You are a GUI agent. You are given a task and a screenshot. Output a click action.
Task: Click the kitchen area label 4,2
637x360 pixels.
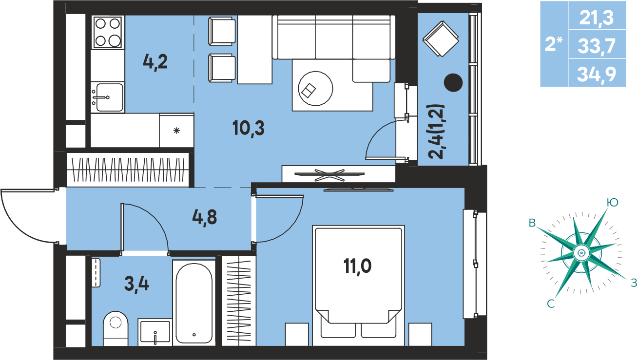[x=155, y=62]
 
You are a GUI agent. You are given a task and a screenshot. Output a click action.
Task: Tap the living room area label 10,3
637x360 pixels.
[x=248, y=129]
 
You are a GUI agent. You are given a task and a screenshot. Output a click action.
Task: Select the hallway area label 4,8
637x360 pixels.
[x=205, y=218]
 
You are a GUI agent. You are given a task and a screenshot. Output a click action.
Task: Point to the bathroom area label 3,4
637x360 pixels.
[x=136, y=284]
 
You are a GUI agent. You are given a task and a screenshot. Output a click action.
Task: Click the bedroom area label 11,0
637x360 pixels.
[x=357, y=266]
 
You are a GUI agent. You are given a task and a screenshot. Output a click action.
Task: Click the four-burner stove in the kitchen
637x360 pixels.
[x=108, y=32]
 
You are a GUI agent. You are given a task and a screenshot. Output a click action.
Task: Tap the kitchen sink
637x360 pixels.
[x=108, y=97]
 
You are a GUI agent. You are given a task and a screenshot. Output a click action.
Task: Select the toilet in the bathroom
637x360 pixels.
[x=115, y=328]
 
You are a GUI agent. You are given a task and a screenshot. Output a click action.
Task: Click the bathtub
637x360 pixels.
[x=194, y=303]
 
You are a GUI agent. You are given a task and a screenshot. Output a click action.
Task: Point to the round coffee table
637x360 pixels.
[x=315, y=88]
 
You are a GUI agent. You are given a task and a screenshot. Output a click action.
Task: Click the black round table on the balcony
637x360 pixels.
[x=453, y=82]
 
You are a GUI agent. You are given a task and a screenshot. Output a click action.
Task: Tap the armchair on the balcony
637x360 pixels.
[x=441, y=38]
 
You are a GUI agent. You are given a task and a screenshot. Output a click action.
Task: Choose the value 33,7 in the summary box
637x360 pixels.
[x=597, y=46]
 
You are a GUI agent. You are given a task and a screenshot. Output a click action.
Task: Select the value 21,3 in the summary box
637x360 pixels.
[x=597, y=18]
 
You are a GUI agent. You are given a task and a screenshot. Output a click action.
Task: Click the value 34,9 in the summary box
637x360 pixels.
[x=597, y=74]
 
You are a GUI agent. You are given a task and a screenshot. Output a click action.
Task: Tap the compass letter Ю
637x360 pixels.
[x=613, y=203]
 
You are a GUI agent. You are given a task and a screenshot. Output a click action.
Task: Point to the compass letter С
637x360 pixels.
[x=551, y=304]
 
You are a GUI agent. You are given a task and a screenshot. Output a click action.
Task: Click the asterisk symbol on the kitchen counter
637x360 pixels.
[x=176, y=131]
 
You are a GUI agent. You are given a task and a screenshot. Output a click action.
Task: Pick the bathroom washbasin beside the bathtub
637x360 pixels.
[x=155, y=332]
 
